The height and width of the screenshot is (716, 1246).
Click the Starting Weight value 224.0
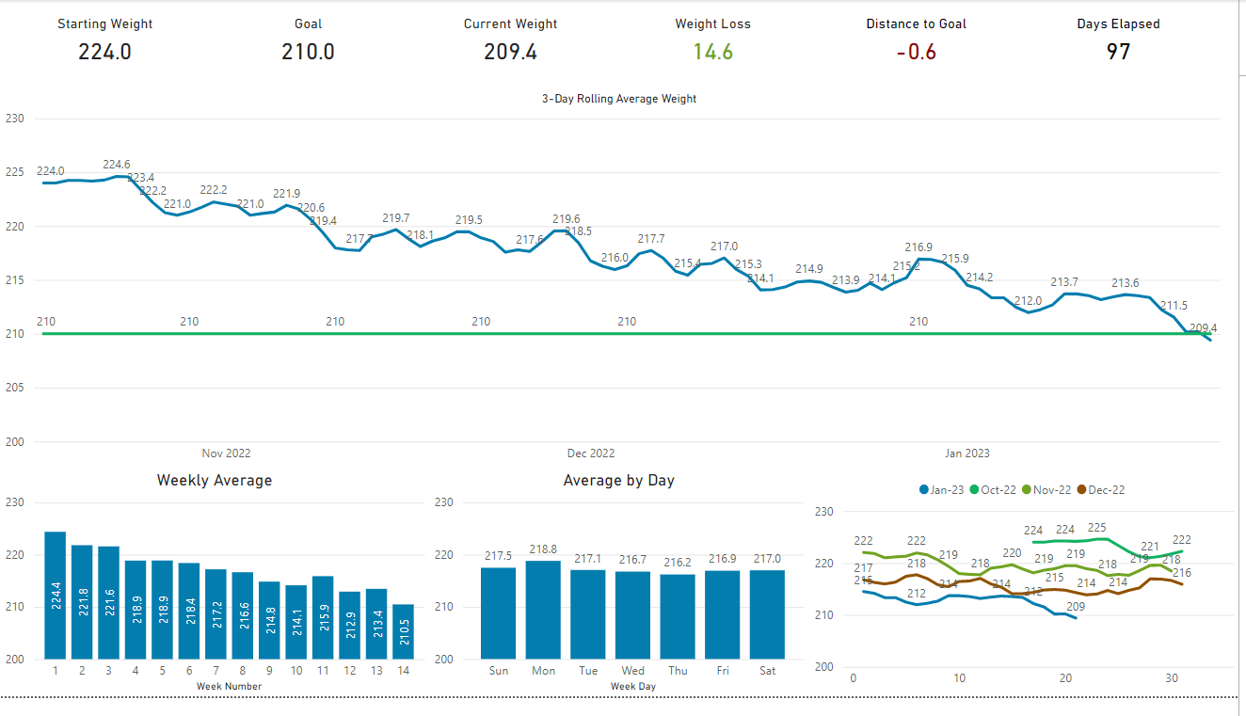pyautogui.click(x=104, y=52)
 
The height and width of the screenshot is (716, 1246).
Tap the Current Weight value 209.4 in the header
pyautogui.click(x=510, y=52)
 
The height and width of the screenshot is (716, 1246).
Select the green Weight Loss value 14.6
pyautogui.click(x=712, y=52)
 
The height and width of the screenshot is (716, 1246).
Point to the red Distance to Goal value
pyautogui.click(x=916, y=52)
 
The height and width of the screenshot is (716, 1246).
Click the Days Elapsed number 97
pyautogui.click(x=1118, y=52)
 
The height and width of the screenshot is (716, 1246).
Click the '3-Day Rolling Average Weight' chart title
pyautogui.click(x=618, y=99)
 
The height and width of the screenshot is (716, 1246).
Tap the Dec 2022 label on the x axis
pyautogui.click(x=591, y=453)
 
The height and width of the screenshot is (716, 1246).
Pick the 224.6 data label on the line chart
pyautogui.click(x=117, y=165)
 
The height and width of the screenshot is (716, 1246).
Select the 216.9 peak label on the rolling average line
pyautogui.click(x=919, y=247)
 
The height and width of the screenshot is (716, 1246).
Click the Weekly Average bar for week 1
pyautogui.click(x=55, y=596)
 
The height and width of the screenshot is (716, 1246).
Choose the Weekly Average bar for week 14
pyautogui.click(x=404, y=631)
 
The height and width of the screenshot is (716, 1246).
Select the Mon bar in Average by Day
pyautogui.click(x=543, y=610)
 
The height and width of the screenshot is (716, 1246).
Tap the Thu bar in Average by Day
pyautogui.click(x=678, y=616)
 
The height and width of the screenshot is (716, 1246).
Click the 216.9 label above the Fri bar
pyautogui.click(x=723, y=559)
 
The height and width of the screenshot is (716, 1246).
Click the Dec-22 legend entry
pyautogui.click(x=1100, y=490)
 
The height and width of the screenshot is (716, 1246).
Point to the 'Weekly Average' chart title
pyautogui.click(x=214, y=481)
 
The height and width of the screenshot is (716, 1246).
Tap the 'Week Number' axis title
pyautogui.click(x=229, y=686)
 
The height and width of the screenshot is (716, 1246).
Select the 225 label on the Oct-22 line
pyautogui.click(x=1096, y=528)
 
